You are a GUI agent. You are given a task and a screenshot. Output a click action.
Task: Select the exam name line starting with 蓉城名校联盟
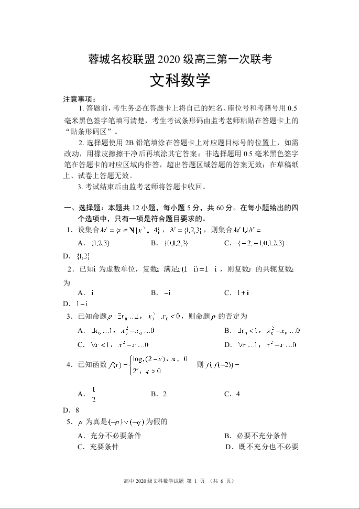pos(180,59)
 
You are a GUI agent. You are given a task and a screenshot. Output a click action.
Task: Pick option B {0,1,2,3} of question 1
pos(169,243)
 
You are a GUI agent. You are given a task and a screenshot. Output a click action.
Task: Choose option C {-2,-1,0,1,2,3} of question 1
pos(254,243)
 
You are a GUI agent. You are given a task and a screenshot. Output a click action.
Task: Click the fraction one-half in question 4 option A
pos(94,394)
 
